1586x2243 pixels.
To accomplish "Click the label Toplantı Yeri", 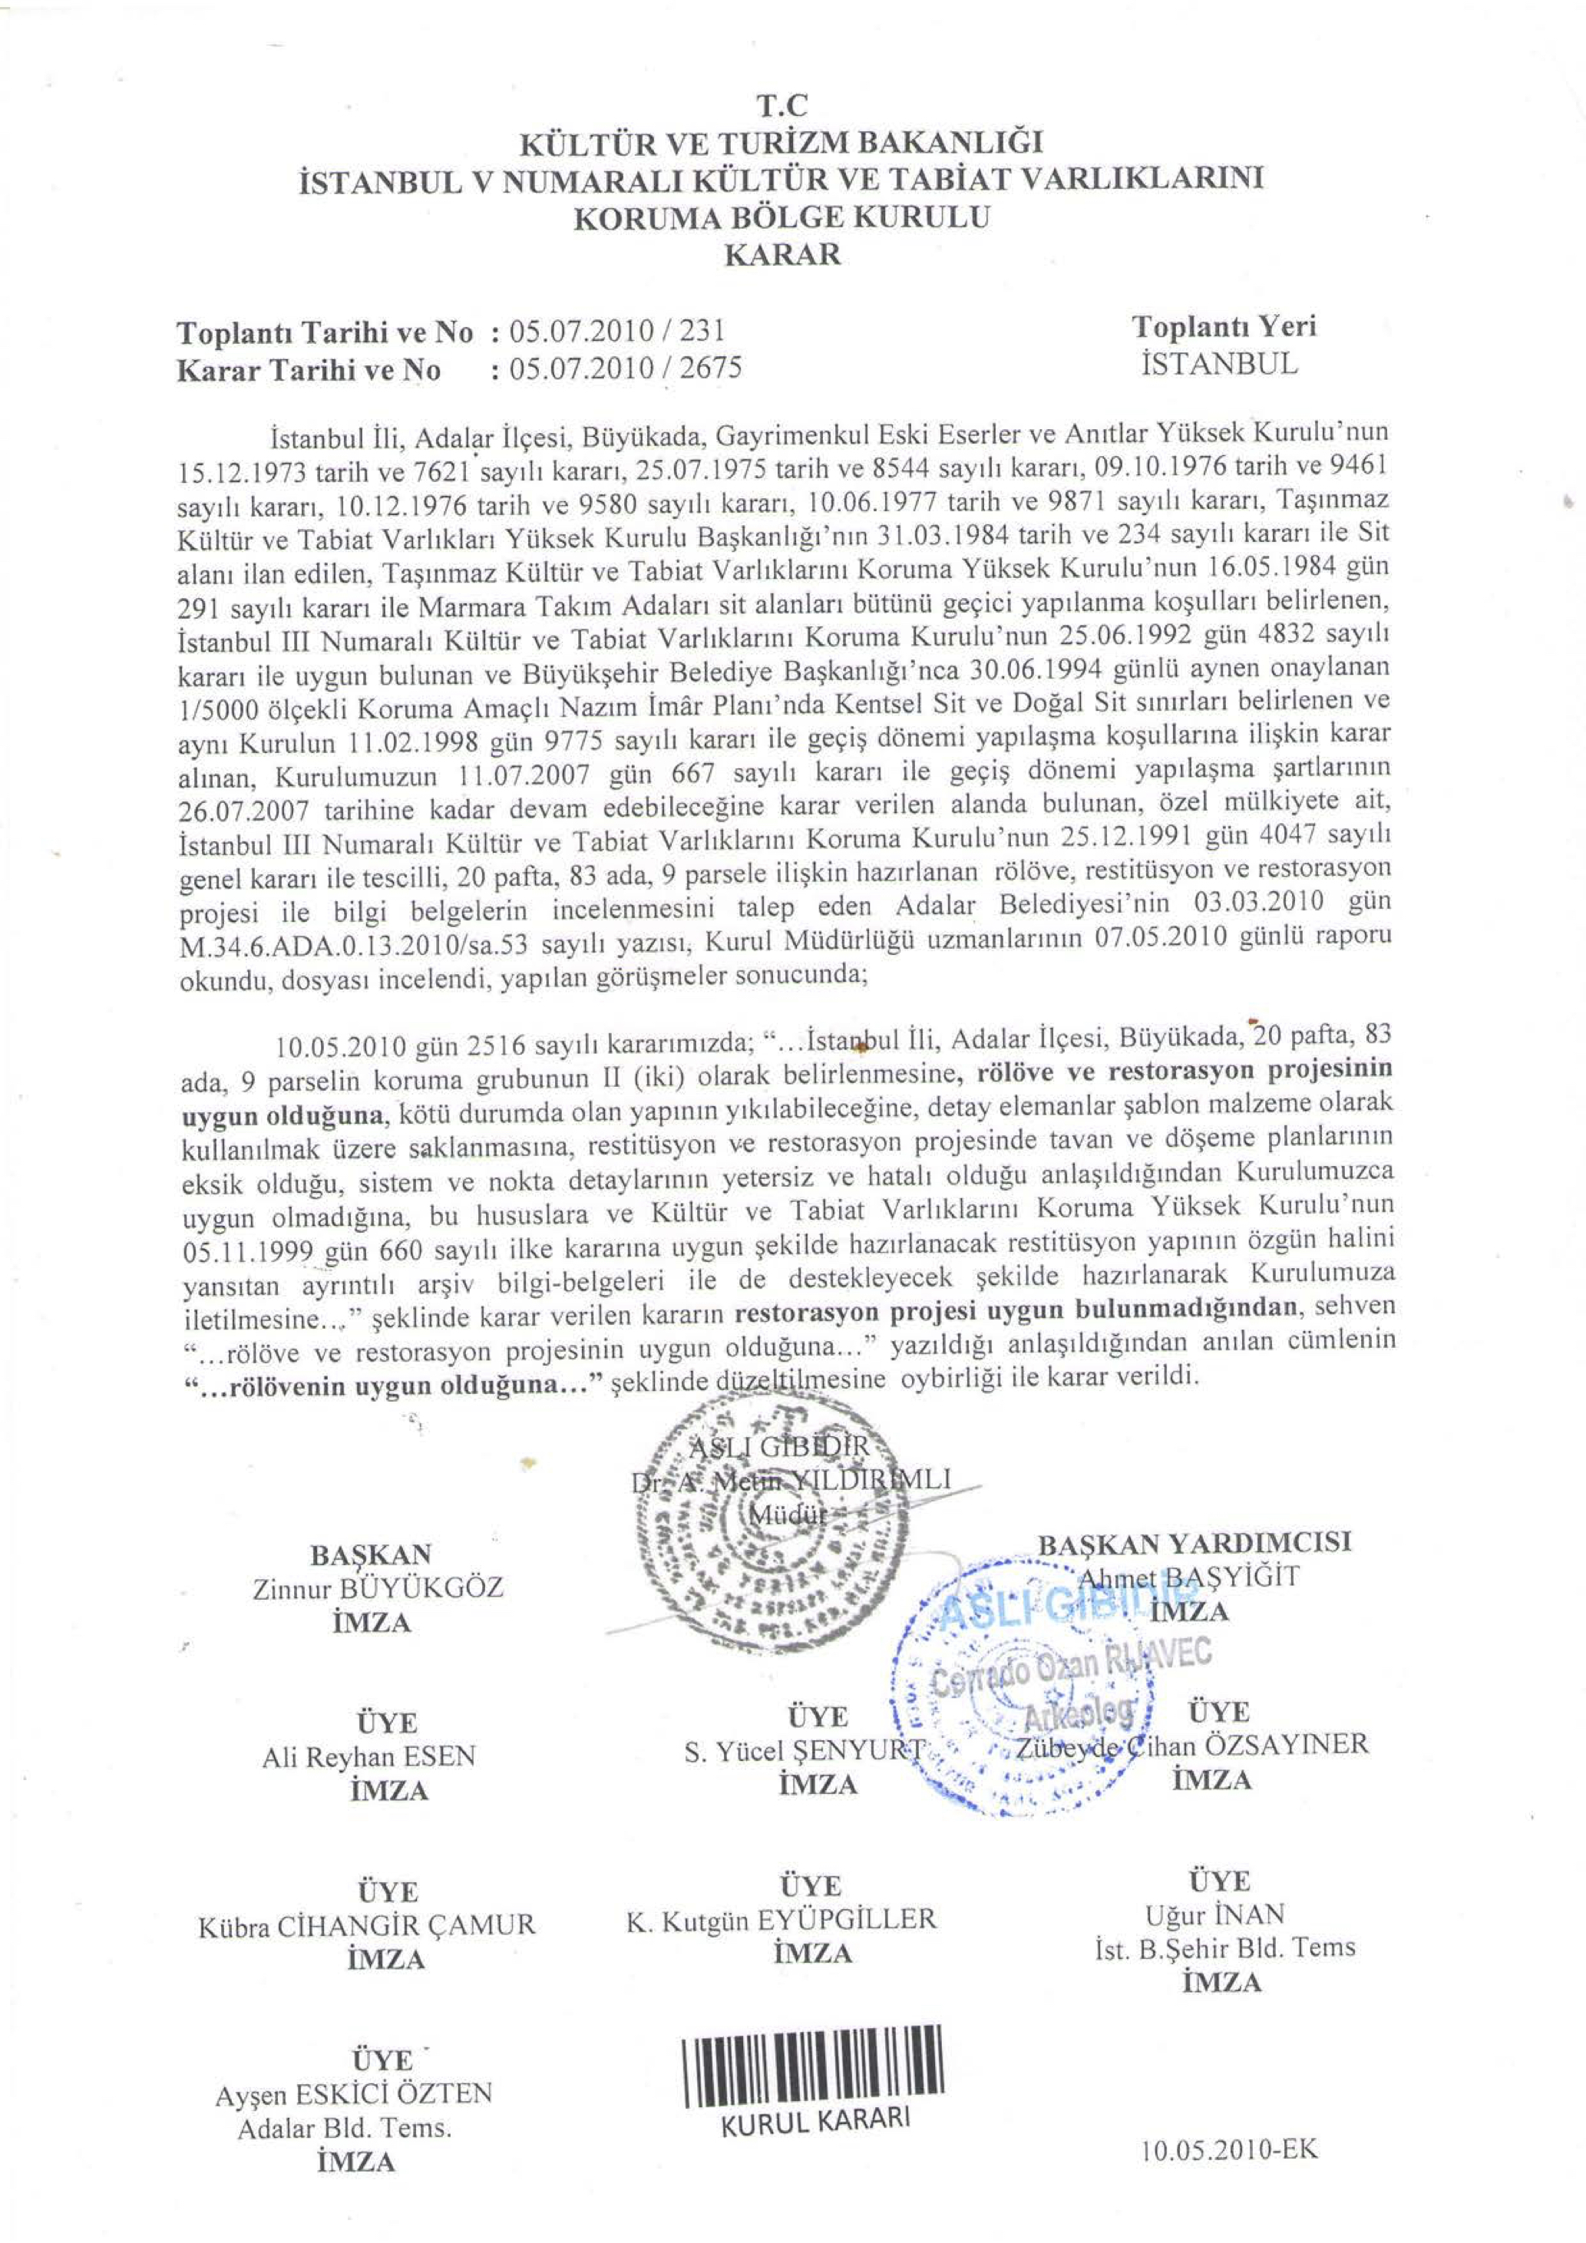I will click(x=1224, y=325).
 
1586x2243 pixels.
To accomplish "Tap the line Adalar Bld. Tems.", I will click(x=345, y=2128).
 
